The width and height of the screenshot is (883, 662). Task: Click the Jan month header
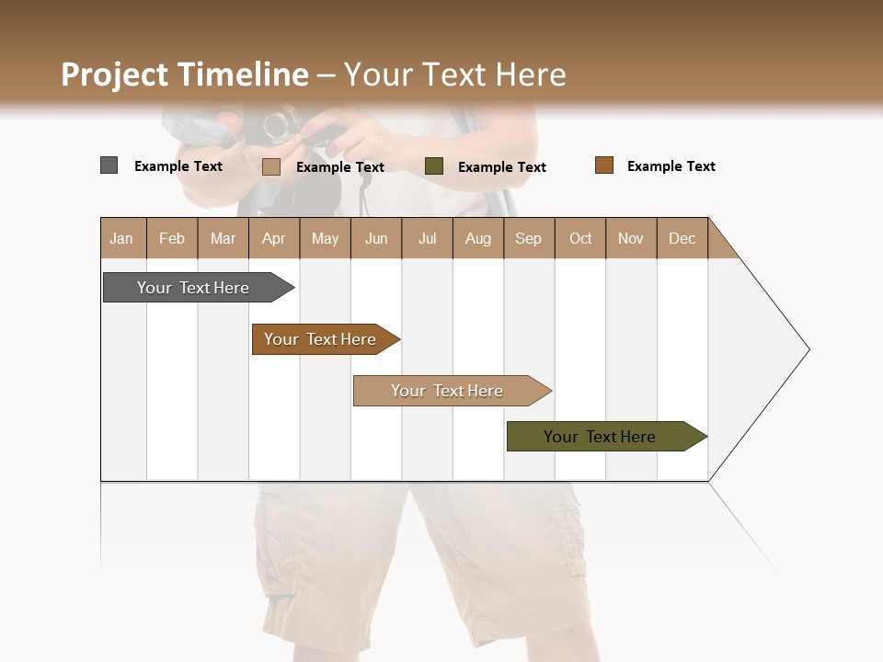[122, 238]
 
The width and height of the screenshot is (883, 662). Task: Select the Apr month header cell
[274, 238]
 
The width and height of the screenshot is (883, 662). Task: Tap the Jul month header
[427, 238]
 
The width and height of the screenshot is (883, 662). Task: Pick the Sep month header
[529, 238]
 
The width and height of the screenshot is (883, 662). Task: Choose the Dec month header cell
[682, 238]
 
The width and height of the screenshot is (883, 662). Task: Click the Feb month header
[172, 238]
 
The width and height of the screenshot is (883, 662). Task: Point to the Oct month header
[580, 238]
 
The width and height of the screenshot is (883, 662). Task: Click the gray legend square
[109, 165]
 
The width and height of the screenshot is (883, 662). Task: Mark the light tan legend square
[271, 166]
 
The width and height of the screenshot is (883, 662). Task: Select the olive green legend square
[434, 166]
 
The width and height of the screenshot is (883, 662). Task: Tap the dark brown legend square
[604, 165]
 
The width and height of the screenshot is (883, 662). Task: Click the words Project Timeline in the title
[185, 74]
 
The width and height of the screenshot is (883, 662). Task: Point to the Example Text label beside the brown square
[671, 166]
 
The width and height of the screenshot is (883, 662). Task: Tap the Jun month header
[376, 238]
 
